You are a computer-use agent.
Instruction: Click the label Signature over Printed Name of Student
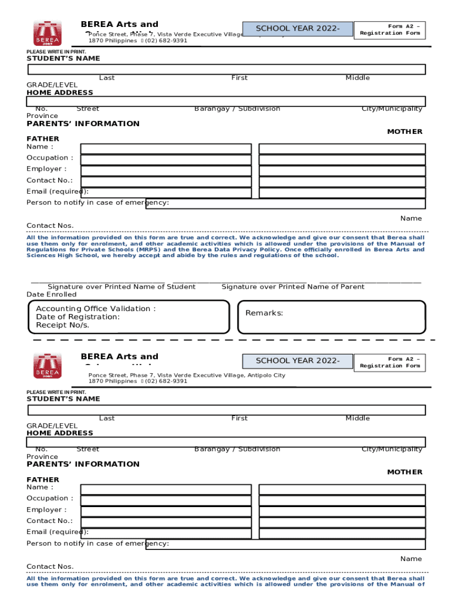[x=122, y=286]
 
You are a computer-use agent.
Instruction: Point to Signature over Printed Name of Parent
[x=293, y=286]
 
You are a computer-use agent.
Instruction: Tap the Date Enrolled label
[x=52, y=294]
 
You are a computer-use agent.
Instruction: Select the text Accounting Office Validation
[x=96, y=309]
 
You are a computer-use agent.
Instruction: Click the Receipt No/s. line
[x=63, y=325]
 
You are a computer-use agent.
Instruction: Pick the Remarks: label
[x=264, y=313]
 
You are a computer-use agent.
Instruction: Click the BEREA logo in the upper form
[x=47, y=35]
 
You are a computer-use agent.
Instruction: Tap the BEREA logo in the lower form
[x=47, y=366]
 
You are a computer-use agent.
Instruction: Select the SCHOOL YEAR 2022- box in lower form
[x=297, y=361]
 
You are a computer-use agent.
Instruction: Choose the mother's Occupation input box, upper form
[x=342, y=160]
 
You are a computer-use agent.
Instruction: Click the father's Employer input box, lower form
[x=166, y=511]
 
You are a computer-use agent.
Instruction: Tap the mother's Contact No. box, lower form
[x=342, y=522]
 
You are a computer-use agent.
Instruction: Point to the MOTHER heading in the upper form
[x=404, y=131]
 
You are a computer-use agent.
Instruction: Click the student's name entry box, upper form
[x=226, y=69]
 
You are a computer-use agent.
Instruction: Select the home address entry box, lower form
[x=226, y=442]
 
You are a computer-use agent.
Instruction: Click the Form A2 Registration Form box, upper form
[x=390, y=29]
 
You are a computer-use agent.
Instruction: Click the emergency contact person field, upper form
[x=285, y=203]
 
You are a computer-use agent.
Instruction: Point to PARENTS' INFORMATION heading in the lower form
[x=83, y=464]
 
